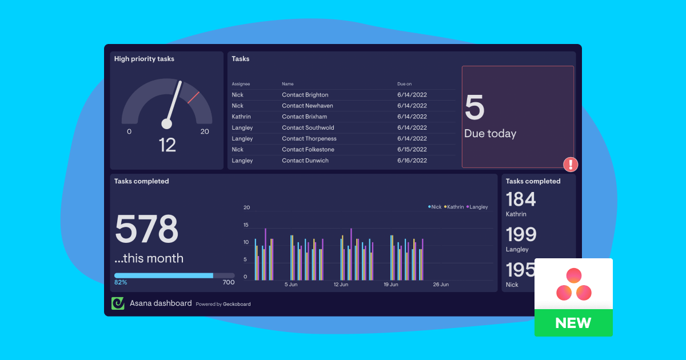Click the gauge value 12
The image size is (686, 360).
coord(167,145)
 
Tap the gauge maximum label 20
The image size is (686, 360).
coord(205,131)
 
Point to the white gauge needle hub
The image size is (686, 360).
coord(167,123)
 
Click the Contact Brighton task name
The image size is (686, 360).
coord(305,95)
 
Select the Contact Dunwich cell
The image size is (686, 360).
coord(305,161)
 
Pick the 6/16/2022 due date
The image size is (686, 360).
coord(412,161)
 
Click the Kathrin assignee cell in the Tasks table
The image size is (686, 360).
coord(241,117)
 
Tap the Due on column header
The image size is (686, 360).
coord(404,84)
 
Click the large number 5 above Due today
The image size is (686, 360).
coord(474,108)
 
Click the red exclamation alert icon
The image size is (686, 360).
coord(571,165)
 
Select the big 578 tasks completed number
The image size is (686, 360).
coord(147,229)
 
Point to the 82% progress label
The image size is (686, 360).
coord(121,282)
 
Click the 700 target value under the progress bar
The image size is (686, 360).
coord(228,282)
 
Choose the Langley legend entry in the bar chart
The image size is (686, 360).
coord(478,207)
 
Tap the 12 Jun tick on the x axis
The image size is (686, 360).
coord(341,284)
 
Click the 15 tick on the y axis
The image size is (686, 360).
coord(246,225)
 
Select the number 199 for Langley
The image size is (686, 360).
coord(521,234)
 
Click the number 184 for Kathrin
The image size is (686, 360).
coord(521,199)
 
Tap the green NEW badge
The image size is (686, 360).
coord(573,323)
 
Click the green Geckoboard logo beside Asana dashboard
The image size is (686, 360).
coord(118,303)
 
